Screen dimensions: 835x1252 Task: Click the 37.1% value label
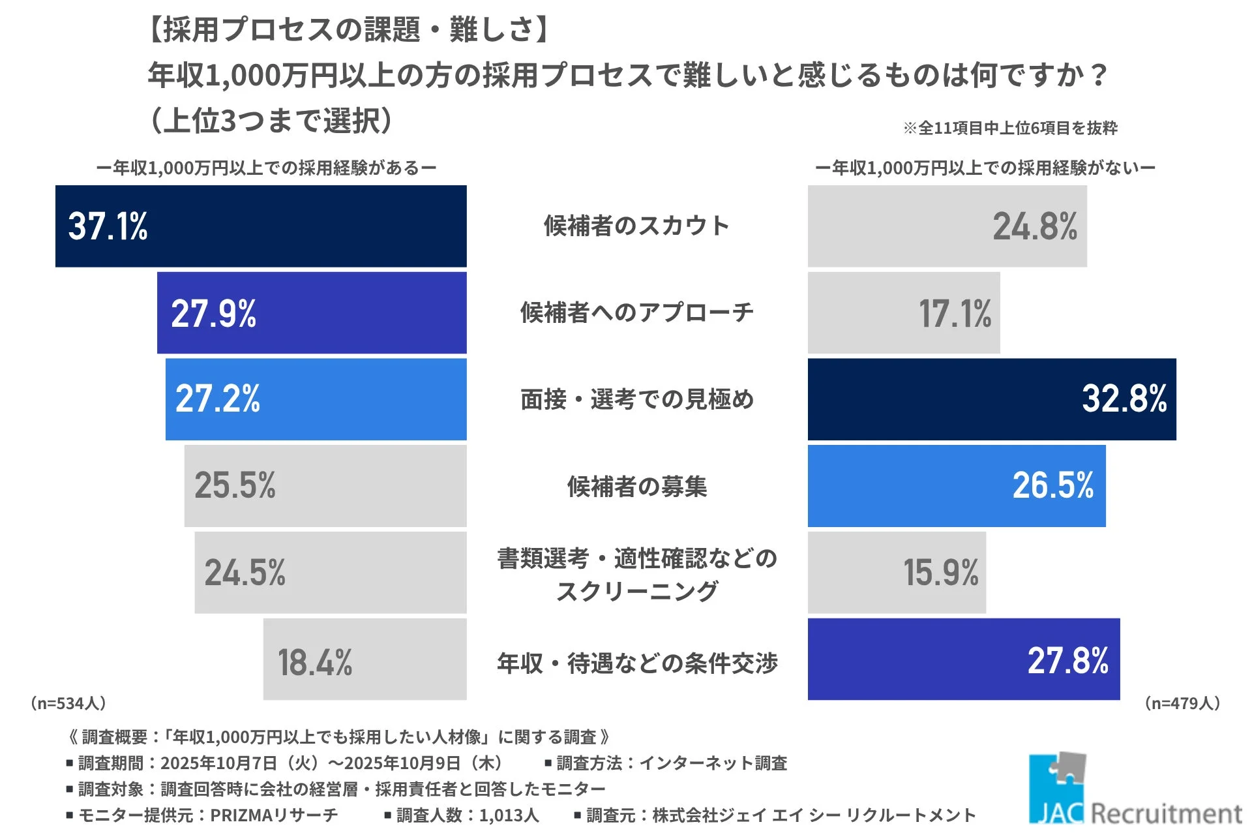[x=108, y=226]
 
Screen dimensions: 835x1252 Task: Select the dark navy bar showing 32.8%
[x=991, y=399]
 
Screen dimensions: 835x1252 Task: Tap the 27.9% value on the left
[x=213, y=313]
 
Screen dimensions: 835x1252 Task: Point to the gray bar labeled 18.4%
[x=365, y=660]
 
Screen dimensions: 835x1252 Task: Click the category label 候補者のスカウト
[x=636, y=226]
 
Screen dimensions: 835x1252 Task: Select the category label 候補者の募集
[x=636, y=487]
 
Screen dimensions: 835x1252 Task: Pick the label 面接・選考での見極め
[x=636, y=399]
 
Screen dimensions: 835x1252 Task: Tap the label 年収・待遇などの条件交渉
[x=636, y=663]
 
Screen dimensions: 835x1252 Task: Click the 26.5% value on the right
[x=1052, y=485]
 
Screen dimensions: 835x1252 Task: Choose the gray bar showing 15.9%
[x=897, y=573]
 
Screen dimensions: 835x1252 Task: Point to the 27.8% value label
[x=1067, y=660]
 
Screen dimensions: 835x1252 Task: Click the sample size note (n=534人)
[x=68, y=703]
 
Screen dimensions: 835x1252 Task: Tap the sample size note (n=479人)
[x=1182, y=703]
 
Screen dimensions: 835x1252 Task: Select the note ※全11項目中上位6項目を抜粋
[x=1010, y=128]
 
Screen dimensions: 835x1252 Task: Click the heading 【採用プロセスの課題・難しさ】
[x=350, y=30]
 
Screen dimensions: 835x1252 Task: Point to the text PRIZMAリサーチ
[x=274, y=815]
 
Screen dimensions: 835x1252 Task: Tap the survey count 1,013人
[x=509, y=815]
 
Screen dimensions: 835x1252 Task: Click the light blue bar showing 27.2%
[x=316, y=399]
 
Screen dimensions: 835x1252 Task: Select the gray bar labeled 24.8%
[x=947, y=226]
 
